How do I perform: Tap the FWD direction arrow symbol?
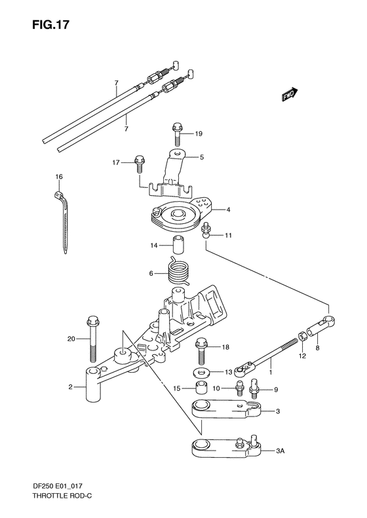[x=290, y=94]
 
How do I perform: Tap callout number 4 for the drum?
[x=229, y=210]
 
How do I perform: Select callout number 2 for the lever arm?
[x=69, y=387]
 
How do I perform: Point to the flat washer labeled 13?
[x=199, y=372]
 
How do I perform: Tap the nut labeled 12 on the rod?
[x=303, y=338]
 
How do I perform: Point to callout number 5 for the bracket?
[x=202, y=157]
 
